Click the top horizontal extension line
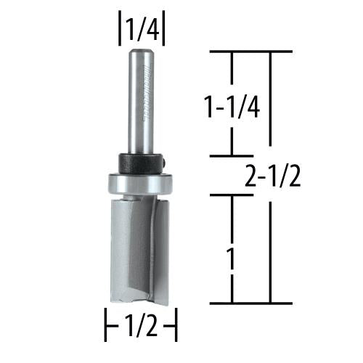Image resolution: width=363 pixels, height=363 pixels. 250,52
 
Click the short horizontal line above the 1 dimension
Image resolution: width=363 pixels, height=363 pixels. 232,193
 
